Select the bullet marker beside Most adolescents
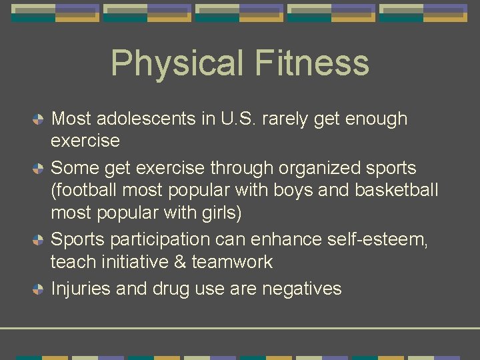coord(39,119)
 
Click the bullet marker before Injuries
coord(39,289)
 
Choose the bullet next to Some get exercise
coord(39,168)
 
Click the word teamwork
coord(232,262)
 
